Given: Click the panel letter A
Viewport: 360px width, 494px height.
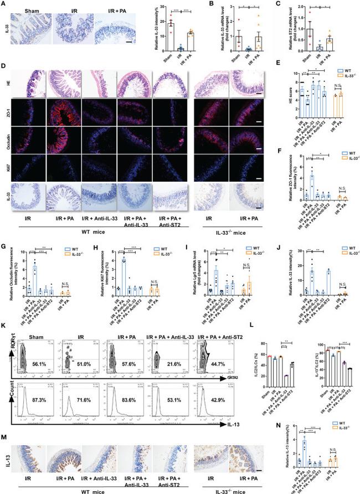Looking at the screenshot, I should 4,4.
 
